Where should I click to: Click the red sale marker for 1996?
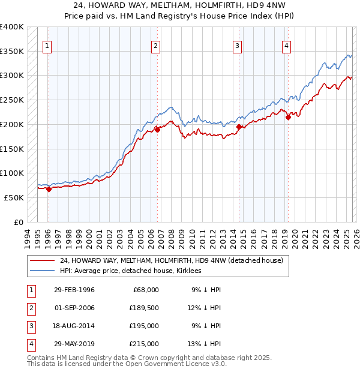(49, 189)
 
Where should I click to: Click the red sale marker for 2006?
(158, 129)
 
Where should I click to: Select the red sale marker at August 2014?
(239, 127)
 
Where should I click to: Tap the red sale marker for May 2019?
(288, 117)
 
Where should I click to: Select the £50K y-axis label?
(14, 197)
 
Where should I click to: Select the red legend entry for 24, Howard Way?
(175, 260)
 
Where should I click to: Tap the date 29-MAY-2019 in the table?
(74, 344)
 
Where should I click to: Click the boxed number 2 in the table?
(31, 308)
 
